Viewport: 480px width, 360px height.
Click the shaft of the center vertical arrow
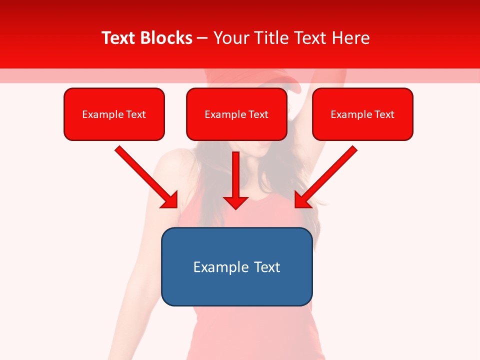click(235, 172)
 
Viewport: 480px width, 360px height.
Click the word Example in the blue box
click(221, 267)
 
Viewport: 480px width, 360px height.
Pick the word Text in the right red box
click(384, 114)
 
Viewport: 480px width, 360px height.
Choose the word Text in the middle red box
click(258, 114)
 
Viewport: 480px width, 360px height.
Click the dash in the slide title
click(202, 38)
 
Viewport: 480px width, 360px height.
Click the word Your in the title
click(229, 38)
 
